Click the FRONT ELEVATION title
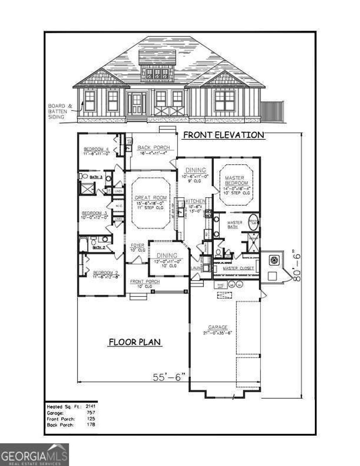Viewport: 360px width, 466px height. [x=224, y=135]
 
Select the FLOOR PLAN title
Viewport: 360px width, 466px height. [x=135, y=342]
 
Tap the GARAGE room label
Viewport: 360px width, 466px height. [x=218, y=327]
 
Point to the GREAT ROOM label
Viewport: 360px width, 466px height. [x=150, y=198]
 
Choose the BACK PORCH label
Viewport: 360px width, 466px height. [x=153, y=148]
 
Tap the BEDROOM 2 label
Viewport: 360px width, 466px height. [x=105, y=273]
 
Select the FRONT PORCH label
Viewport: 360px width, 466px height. [x=145, y=282]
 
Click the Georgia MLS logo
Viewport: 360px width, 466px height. [x=34, y=454]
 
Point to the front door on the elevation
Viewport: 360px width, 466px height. [x=137, y=103]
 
